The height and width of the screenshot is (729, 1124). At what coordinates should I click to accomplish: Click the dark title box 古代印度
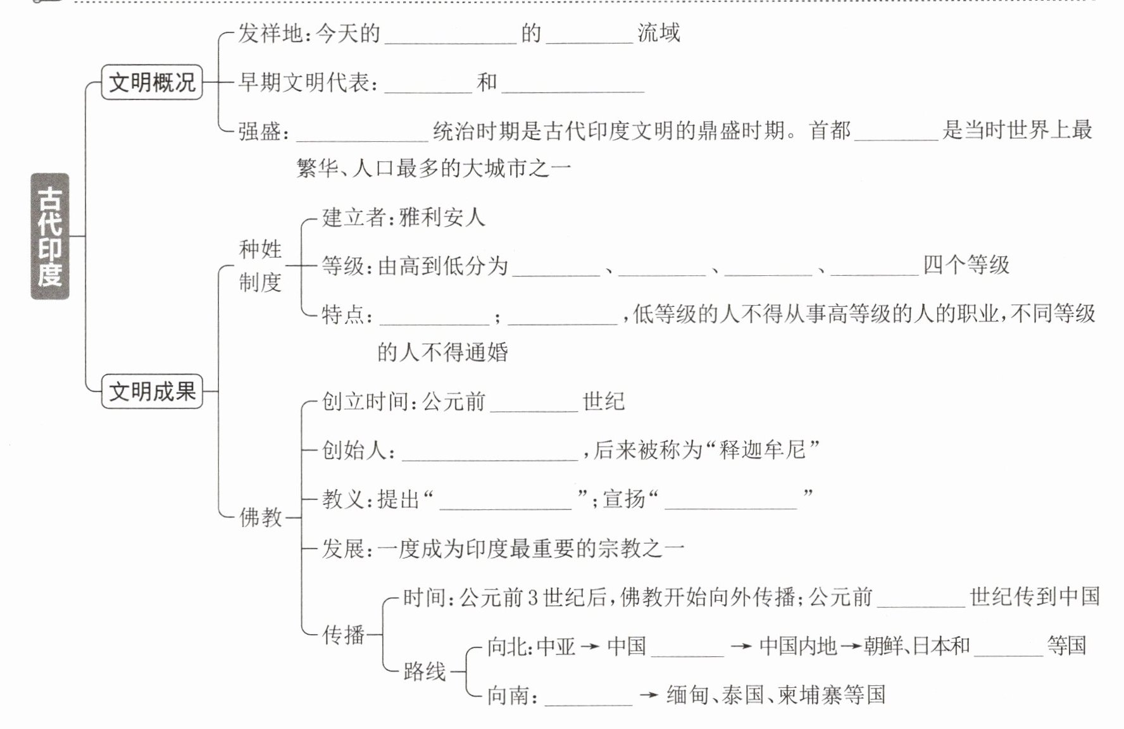pos(50,235)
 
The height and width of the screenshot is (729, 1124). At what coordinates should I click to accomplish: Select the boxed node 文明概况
pos(152,82)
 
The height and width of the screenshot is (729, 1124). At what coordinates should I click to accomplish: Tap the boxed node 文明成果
pos(152,391)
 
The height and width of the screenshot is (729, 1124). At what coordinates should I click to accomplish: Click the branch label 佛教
pos(260,518)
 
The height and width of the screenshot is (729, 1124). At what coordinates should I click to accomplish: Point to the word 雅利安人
pos(442,218)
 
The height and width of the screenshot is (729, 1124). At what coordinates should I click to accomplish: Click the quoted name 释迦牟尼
pos(762,450)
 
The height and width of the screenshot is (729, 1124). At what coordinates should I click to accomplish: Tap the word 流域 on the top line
pos(658,33)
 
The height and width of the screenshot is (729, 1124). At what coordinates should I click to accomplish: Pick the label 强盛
pos(259,132)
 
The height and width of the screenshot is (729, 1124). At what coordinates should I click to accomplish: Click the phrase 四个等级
pos(966,265)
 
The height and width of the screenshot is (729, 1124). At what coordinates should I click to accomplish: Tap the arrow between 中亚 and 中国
pos(590,647)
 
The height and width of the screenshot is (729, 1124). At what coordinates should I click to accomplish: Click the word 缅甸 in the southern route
pos(687,695)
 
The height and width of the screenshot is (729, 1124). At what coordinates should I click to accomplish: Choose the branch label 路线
pos(424,671)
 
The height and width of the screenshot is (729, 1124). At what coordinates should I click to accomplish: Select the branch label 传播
pos(343,634)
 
